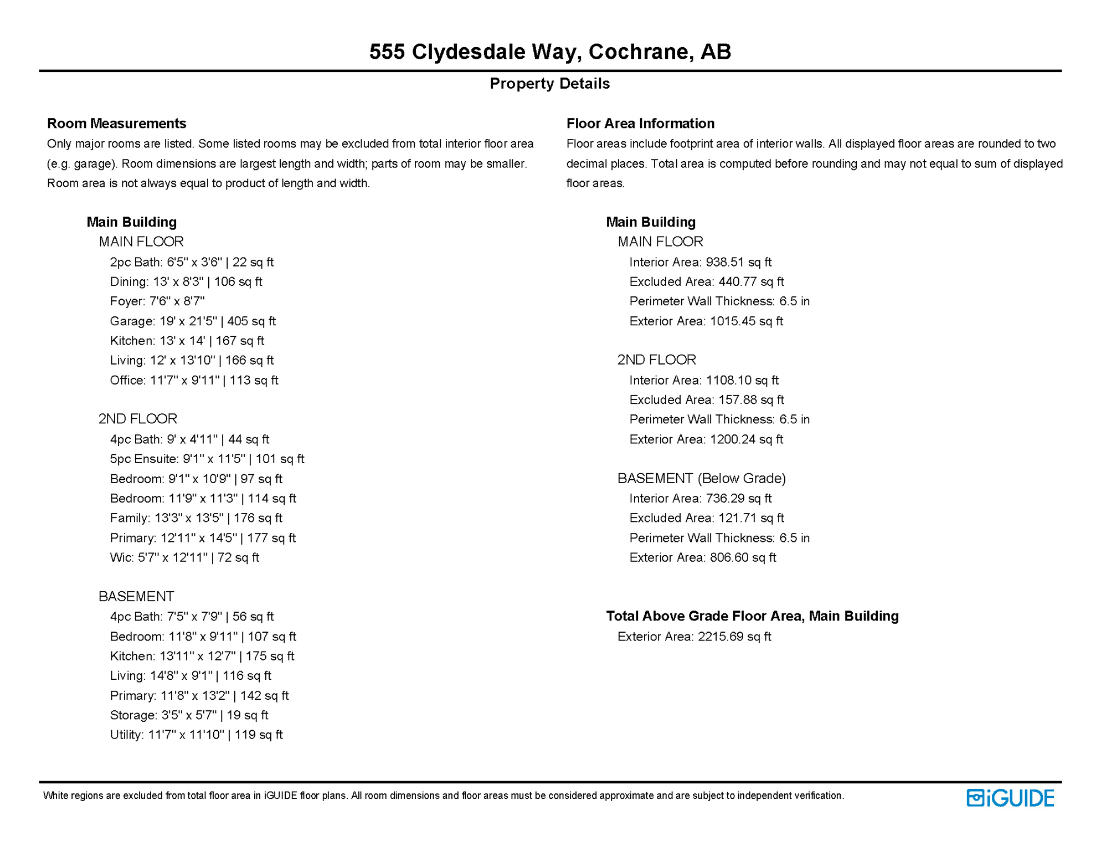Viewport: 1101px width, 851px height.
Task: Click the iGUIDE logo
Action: [x=1010, y=798]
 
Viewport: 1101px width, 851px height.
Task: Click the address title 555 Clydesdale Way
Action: [x=550, y=52]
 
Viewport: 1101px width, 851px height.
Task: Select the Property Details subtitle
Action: [x=550, y=84]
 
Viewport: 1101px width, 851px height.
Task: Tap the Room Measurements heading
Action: [x=116, y=123]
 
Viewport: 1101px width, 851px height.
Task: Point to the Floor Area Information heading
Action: [x=640, y=123]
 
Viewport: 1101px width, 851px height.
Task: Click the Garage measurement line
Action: [x=192, y=321]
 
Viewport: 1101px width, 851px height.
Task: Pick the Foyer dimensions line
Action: [x=157, y=301]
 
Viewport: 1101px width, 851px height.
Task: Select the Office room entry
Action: [x=194, y=380]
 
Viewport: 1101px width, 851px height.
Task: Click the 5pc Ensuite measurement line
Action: [x=207, y=459]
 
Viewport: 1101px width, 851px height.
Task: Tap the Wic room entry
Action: [x=184, y=557]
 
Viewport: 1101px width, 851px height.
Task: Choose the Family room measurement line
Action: [x=196, y=518]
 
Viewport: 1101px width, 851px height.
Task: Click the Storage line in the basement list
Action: [x=189, y=715]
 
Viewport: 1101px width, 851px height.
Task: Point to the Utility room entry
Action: [x=196, y=735]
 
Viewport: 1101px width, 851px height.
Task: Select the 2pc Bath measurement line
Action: [x=192, y=262]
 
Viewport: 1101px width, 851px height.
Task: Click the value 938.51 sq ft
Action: [x=738, y=262]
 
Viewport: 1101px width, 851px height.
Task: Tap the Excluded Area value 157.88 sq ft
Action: [x=751, y=400]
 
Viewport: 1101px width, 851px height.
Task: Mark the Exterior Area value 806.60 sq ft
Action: [x=743, y=557]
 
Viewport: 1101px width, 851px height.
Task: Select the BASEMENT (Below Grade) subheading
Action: [x=702, y=478]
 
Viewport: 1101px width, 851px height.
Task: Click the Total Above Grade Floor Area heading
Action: [x=752, y=616]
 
